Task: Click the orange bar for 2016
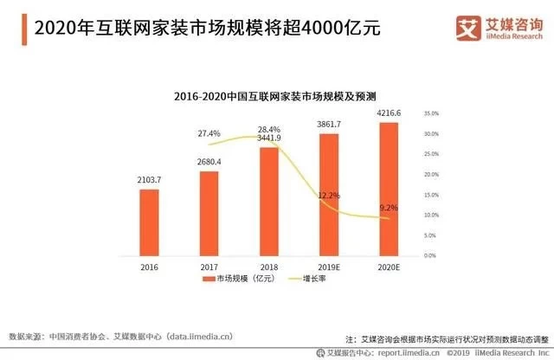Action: (150, 222)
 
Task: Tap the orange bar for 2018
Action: (269, 202)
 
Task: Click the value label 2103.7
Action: (150, 179)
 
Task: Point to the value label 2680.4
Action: (209, 162)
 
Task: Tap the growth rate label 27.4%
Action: (209, 133)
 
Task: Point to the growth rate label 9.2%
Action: (390, 209)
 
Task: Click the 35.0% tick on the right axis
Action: (433, 113)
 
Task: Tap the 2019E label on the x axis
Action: (329, 267)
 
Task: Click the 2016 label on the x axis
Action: (150, 267)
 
